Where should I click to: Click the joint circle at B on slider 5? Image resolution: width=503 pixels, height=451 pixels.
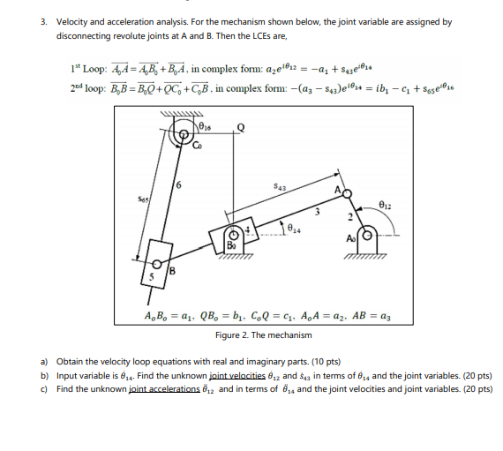point(161,264)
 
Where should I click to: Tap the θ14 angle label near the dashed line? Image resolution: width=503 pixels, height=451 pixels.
point(289,231)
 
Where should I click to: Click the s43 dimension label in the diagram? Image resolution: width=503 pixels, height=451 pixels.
point(280,185)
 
